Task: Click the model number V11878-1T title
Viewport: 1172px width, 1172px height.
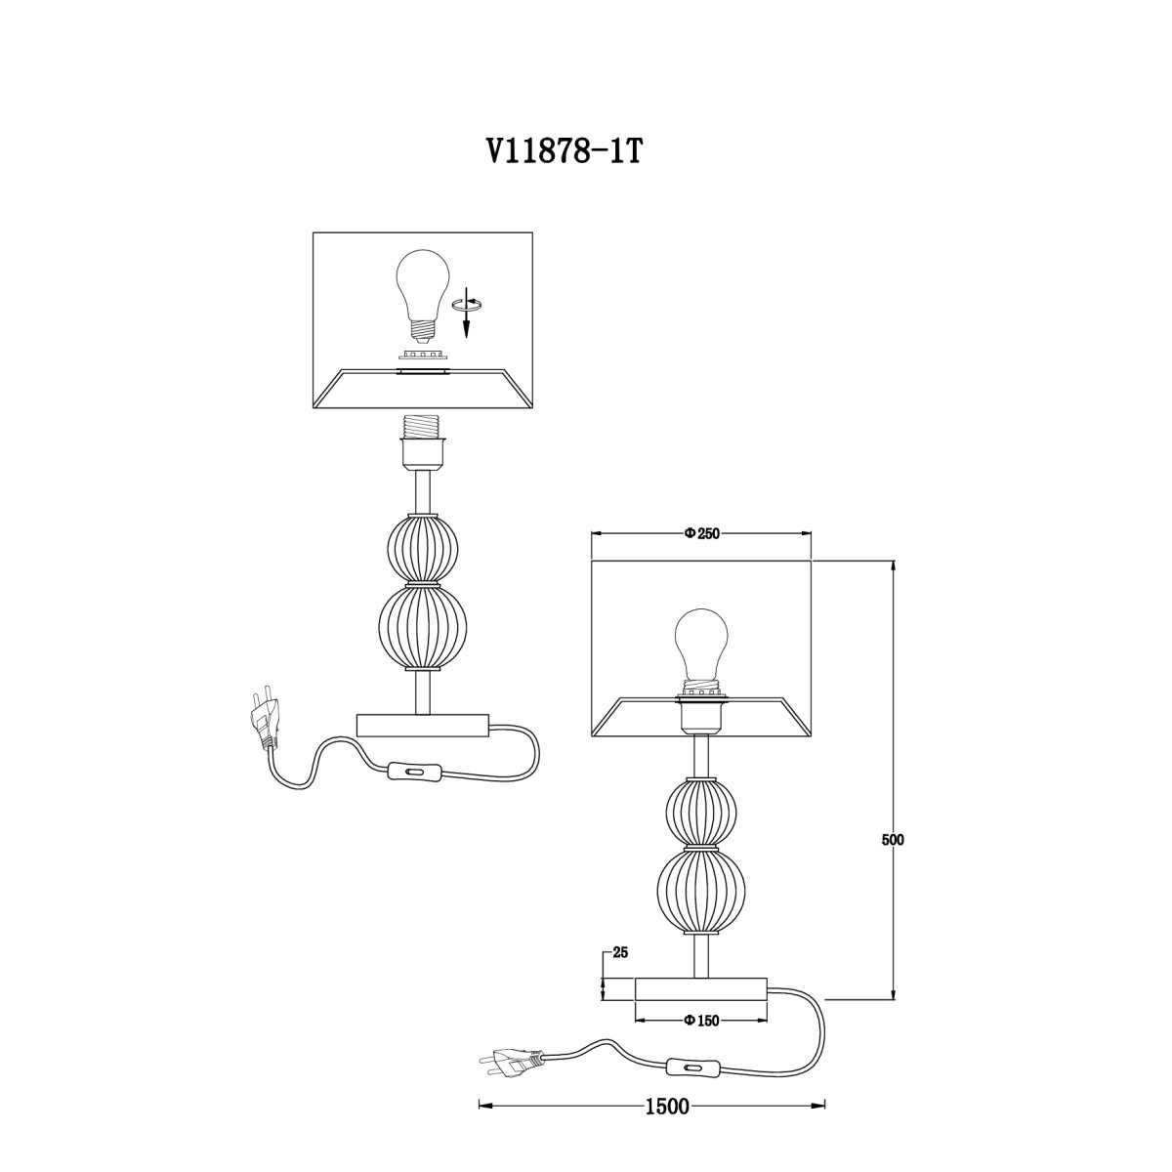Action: point(563,153)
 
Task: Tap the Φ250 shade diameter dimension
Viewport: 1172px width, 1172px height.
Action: point(701,533)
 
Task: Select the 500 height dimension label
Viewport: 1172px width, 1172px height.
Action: point(893,840)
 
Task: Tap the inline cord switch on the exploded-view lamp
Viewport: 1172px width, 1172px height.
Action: point(415,772)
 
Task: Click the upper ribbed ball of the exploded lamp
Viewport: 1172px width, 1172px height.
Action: point(422,547)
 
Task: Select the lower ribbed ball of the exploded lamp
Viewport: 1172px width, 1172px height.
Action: point(422,627)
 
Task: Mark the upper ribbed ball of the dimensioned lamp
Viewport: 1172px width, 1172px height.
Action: point(701,811)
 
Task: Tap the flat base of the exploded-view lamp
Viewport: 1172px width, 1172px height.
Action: point(422,726)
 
